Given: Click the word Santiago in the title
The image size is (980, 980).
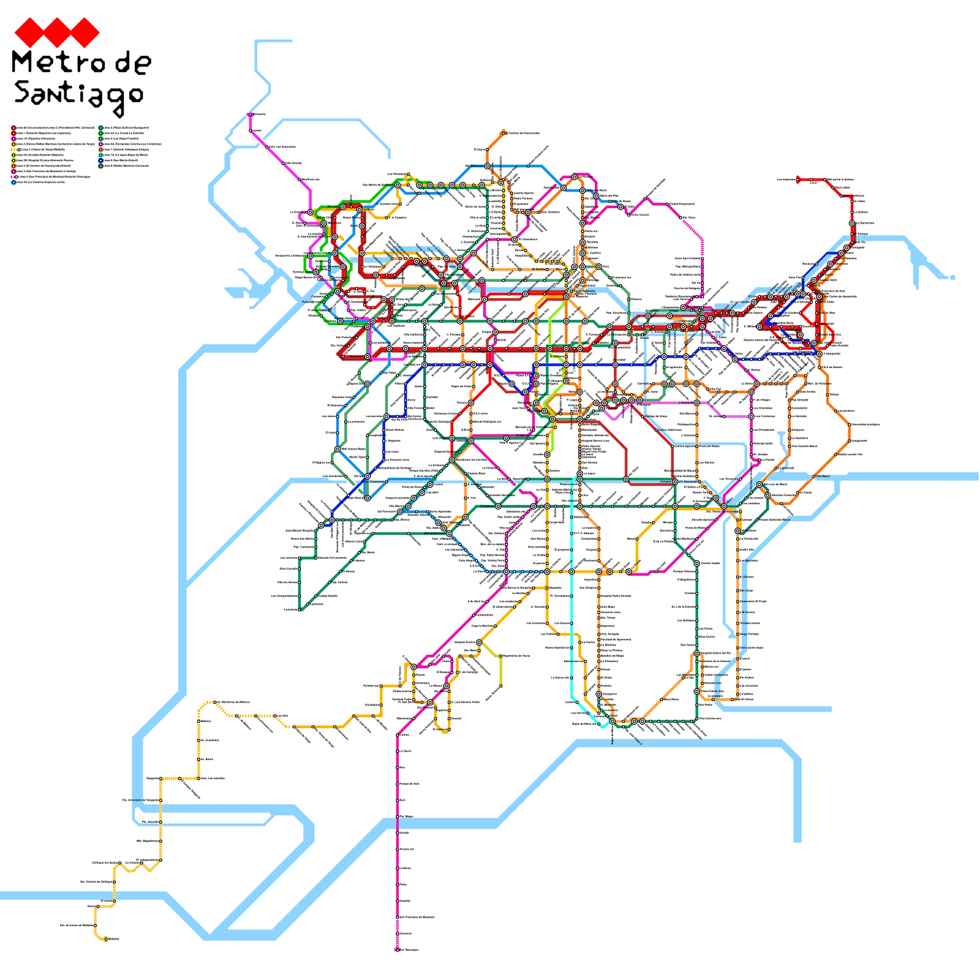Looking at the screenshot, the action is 78,95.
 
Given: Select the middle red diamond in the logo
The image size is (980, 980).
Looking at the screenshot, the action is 57,32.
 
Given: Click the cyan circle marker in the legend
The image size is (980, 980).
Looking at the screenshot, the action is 101,155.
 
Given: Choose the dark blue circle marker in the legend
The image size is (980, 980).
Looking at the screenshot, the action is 101,160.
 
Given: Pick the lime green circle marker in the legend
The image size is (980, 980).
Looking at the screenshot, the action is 13,155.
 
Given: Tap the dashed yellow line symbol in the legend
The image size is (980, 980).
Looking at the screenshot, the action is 13,149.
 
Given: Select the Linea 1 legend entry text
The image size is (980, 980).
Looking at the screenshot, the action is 43,133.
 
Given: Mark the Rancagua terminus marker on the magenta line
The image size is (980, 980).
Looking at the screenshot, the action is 397,950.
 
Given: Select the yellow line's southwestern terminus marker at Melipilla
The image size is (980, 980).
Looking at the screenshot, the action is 105,939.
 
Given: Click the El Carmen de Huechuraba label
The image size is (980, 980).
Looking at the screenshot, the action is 524,133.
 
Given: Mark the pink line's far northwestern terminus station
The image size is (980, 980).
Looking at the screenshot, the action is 250,115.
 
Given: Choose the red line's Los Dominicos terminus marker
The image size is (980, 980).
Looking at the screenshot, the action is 799,180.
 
